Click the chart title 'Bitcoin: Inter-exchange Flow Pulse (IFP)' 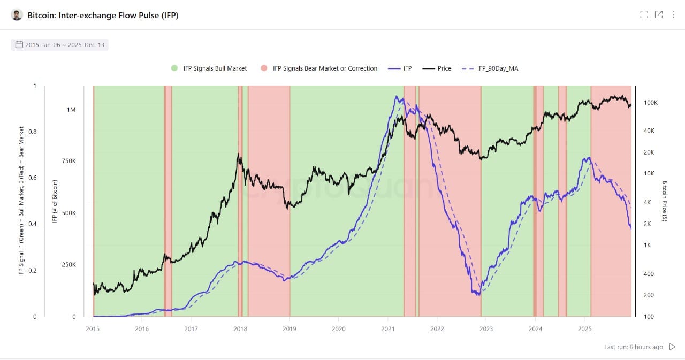tap(103, 15)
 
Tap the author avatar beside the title tap(17, 15)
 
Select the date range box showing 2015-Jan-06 tap(59, 45)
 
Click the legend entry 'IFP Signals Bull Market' tap(209, 68)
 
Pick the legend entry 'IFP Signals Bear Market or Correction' tap(319, 68)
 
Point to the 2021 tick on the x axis tap(388, 328)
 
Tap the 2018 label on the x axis tap(240, 328)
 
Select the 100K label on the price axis tap(650, 103)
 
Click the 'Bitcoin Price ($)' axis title tap(664, 201)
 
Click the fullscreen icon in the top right tap(644, 15)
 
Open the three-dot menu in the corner tap(673, 15)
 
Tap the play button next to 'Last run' tap(673, 347)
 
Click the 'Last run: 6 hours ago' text tap(633, 347)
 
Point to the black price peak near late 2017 tap(239, 155)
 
